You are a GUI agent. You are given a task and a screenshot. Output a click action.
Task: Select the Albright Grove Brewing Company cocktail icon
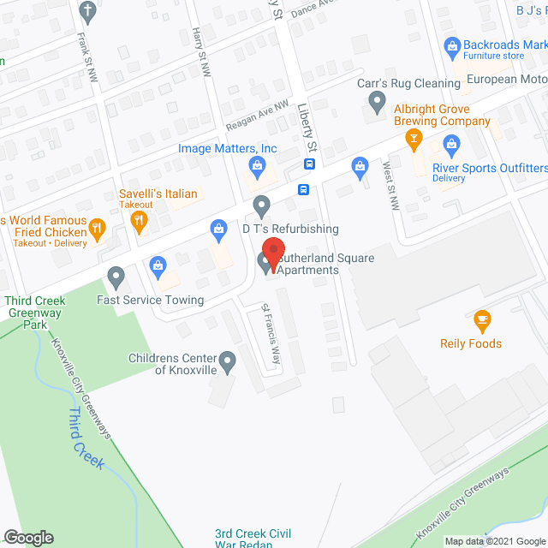415,140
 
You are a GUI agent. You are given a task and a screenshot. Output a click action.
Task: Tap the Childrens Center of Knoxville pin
228,362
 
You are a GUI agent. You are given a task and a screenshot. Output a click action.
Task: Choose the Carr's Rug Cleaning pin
376,104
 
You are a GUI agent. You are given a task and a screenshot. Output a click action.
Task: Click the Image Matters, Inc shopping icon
255,165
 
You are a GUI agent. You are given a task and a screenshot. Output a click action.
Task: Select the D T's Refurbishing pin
262,205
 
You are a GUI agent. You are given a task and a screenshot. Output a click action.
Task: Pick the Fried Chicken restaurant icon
97,229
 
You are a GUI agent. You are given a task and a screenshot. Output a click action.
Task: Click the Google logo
27,537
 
